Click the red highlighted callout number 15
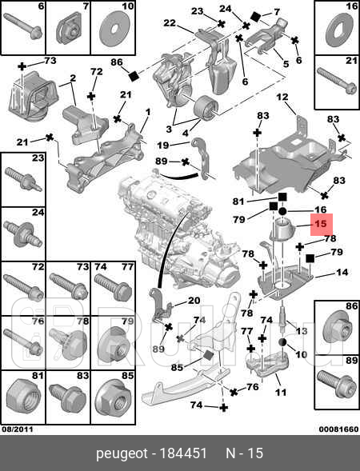coord(320,226)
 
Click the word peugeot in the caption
coord(122,453)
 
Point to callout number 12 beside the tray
coord(282,98)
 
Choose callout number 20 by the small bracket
coord(194,301)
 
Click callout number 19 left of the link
coord(162,145)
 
